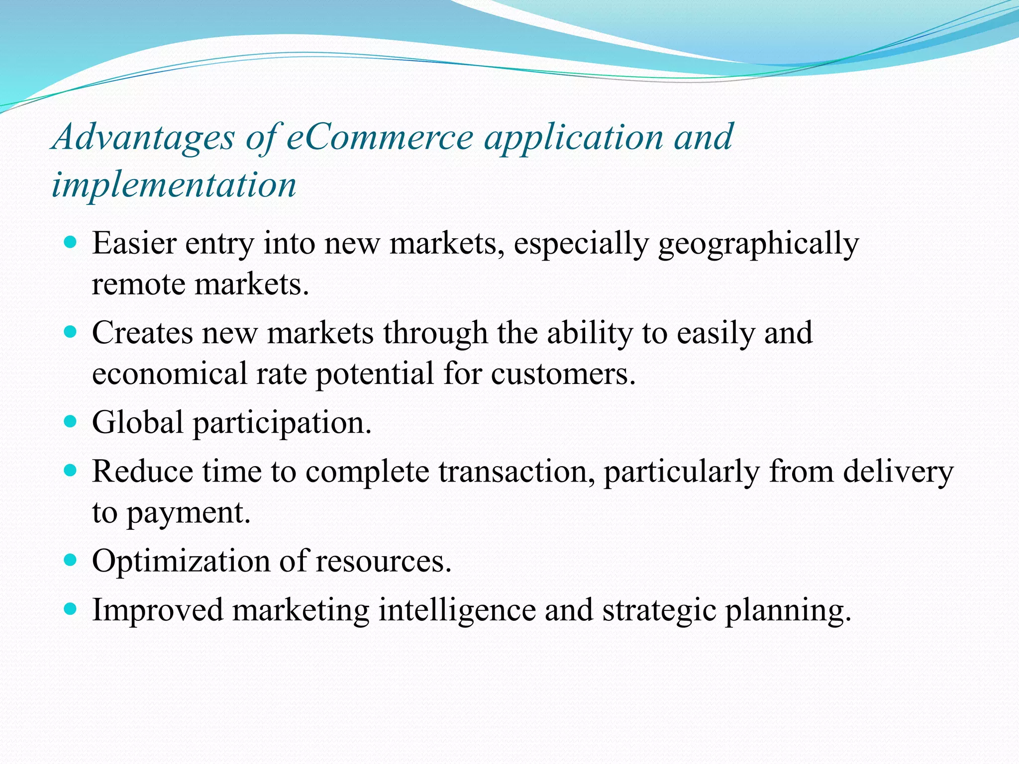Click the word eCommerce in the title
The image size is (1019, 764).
click(379, 137)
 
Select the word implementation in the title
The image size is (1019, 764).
click(174, 185)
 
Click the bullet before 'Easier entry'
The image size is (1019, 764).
click(71, 243)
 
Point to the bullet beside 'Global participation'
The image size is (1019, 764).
click(71, 422)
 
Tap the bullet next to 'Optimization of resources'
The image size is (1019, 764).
click(71, 561)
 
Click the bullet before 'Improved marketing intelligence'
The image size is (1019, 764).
click(71, 609)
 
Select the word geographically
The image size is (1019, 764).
click(758, 245)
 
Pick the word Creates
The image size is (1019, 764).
click(142, 333)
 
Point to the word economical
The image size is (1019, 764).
click(169, 374)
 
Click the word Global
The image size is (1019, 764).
click(138, 422)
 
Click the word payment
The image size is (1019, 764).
click(188, 513)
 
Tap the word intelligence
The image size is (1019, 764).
click(457, 610)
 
